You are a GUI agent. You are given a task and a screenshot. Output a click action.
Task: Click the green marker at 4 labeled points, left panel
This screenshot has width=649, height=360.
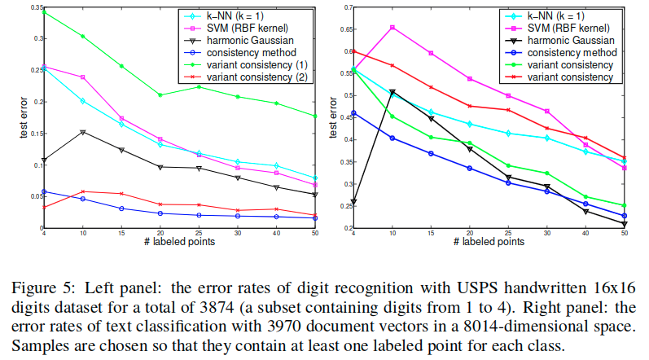[x=44, y=12]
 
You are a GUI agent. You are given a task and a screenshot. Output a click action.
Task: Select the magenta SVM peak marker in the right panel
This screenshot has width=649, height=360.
[x=392, y=27]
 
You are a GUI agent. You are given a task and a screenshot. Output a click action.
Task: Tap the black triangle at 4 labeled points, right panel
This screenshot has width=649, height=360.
[x=353, y=201]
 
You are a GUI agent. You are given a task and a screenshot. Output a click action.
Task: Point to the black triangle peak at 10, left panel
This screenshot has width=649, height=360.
[x=83, y=132]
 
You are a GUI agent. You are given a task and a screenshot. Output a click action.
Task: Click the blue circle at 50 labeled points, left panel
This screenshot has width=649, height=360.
[x=315, y=218]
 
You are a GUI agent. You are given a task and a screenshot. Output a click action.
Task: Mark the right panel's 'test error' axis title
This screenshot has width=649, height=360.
[x=332, y=118]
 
